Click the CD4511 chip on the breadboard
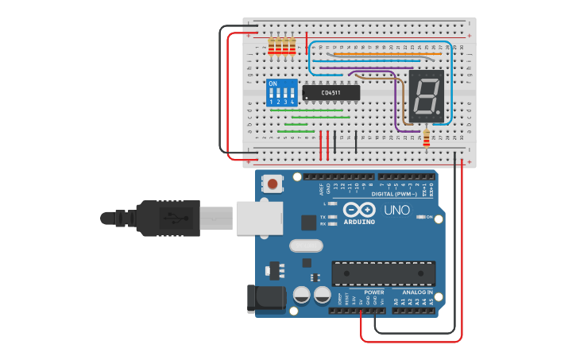tap(331, 93)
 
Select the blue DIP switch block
tap(282, 93)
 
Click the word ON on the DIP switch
tap(273, 83)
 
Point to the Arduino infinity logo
tap(358, 211)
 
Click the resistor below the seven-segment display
tap(426, 138)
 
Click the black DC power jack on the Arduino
tap(265, 298)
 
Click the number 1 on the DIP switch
tap(271, 102)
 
